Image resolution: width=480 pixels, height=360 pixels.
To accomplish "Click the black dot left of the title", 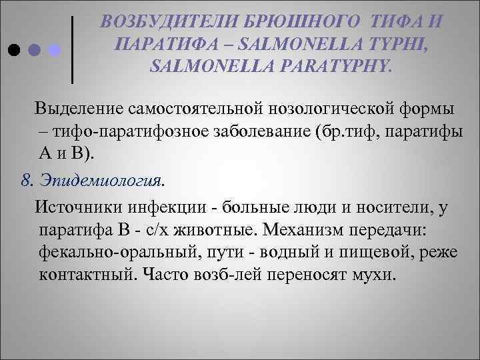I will [13, 50].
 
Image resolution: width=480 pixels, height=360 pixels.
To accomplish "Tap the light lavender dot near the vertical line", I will [56, 50].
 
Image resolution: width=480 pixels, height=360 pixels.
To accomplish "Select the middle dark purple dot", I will [35, 50].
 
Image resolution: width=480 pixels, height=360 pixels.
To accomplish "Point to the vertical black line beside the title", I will [72, 50].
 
